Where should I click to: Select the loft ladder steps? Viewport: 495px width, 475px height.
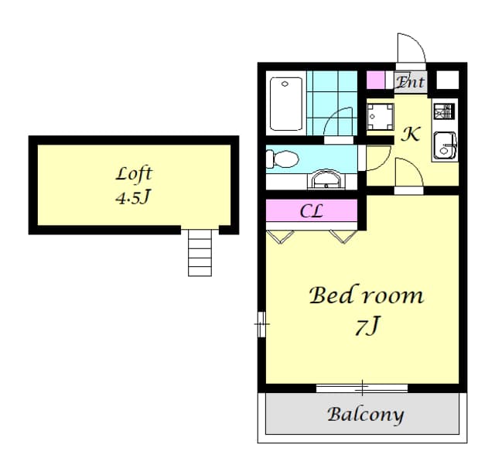click(199, 253)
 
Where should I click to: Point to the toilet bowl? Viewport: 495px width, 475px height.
click(282, 159)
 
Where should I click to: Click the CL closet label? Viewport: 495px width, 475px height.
click(311, 210)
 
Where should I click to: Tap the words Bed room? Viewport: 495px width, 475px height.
click(366, 296)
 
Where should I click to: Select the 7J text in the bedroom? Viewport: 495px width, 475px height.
click(367, 327)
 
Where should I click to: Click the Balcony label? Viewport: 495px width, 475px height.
click(365, 414)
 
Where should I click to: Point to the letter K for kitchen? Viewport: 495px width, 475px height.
click(410, 134)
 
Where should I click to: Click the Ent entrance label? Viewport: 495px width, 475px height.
click(410, 81)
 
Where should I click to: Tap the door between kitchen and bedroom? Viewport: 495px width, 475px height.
click(407, 174)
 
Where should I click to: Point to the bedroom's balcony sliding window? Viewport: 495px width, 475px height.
click(363, 386)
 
